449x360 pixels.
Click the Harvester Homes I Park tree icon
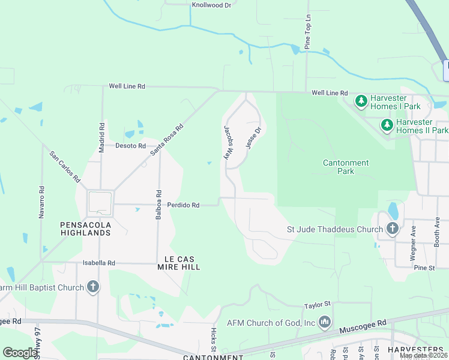tap(361, 101)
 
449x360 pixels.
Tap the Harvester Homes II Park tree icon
tap(388, 125)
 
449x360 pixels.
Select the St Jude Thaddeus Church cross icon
tap(392, 229)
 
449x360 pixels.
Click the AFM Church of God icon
tap(325, 323)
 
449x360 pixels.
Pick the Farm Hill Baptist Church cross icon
tap(93, 287)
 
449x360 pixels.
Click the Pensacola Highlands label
tap(86, 229)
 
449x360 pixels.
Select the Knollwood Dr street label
tap(211, 5)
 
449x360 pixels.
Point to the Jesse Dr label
tap(254, 139)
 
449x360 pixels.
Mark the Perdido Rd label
tap(183, 205)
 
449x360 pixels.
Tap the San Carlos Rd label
tap(65, 166)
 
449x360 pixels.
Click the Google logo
tap(20, 352)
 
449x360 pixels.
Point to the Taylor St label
tap(318, 305)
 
